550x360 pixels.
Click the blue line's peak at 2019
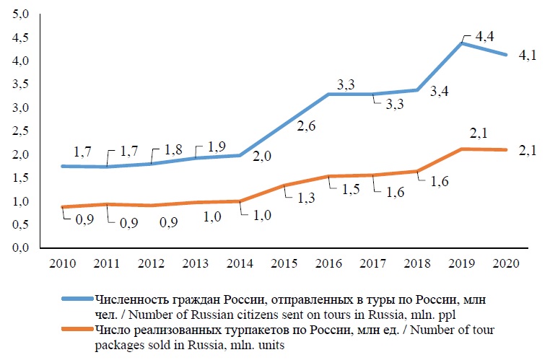click(462, 43)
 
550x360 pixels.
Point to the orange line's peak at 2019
click(462, 149)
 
